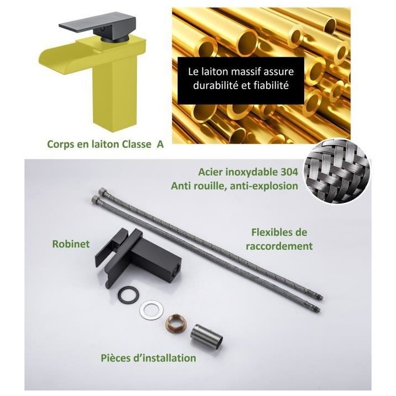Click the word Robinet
[x=71, y=244]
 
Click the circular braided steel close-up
[x=336, y=172]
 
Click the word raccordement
[x=279, y=246]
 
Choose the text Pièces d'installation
[x=148, y=358]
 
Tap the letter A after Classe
[x=160, y=144]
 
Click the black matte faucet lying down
[x=137, y=257]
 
